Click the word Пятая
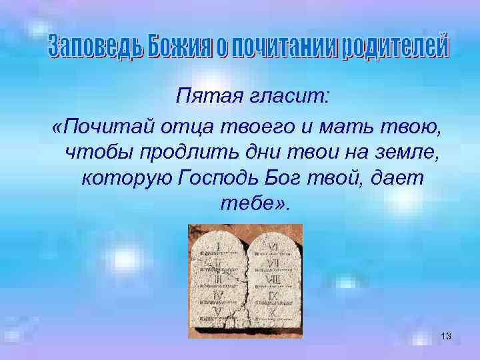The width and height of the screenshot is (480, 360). click(x=203, y=99)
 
